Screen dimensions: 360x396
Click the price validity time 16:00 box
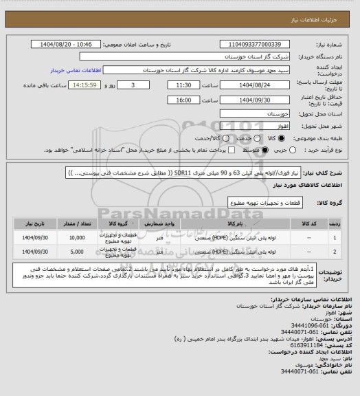point(169,100)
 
